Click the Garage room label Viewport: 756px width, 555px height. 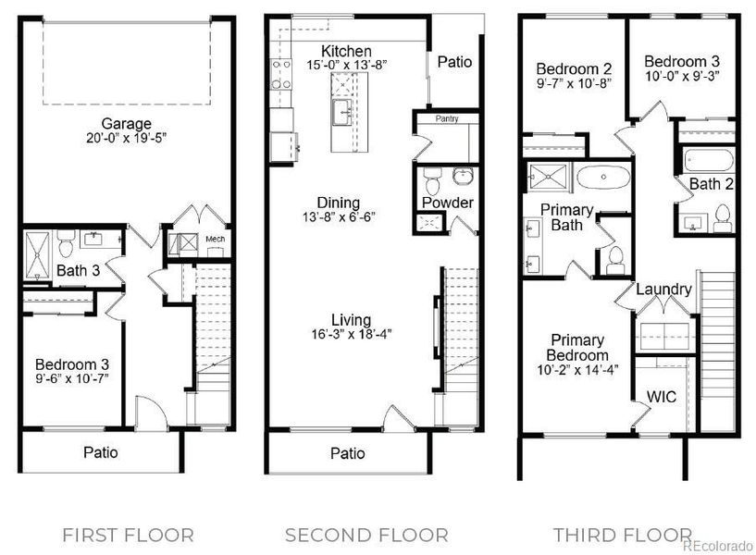(126, 123)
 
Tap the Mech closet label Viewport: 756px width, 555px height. (215, 240)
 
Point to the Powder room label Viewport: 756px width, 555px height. (448, 203)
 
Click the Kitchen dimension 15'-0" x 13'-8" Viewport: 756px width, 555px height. (346, 66)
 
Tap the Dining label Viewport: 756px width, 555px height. (338, 203)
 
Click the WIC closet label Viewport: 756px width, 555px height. (661, 397)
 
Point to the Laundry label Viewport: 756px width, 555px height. (663, 290)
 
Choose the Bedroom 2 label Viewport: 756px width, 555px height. (574, 68)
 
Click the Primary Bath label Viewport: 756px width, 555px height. (566, 216)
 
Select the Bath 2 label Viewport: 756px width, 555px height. (711, 184)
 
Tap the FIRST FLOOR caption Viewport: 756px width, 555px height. (128, 535)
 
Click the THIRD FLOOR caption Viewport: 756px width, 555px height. (622, 535)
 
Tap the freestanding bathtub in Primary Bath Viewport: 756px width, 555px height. (603, 176)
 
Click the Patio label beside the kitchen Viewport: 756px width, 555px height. (454, 62)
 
